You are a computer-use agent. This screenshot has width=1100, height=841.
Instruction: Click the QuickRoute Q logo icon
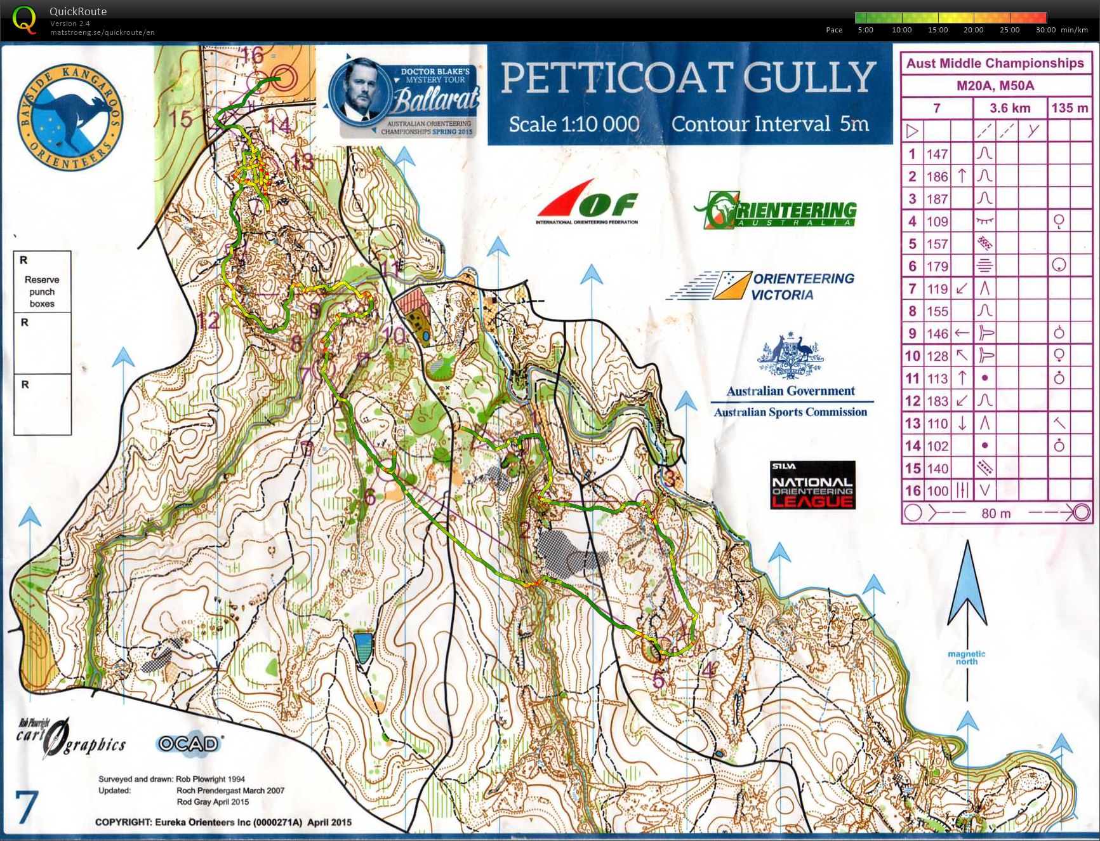[x=25, y=20]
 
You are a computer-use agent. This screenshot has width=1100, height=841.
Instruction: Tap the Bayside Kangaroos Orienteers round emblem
[x=70, y=118]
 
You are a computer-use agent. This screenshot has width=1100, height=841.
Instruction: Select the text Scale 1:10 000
[x=574, y=124]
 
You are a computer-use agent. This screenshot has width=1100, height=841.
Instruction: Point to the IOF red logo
[x=587, y=202]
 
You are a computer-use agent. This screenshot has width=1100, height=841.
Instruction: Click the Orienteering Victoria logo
[x=762, y=286]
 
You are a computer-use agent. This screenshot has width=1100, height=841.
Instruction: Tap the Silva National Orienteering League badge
[x=812, y=485]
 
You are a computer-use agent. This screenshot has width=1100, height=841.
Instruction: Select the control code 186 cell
[x=937, y=177]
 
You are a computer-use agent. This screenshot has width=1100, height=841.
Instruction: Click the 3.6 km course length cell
[x=1009, y=108]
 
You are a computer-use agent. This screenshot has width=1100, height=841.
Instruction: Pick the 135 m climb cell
[x=1070, y=108]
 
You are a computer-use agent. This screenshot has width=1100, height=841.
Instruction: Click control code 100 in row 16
[x=937, y=490]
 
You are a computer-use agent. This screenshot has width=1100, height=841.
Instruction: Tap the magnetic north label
[x=966, y=657]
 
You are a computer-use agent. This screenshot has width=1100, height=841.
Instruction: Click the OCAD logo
[x=189, y=743]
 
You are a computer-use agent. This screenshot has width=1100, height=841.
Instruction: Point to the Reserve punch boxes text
[x=42, y=292]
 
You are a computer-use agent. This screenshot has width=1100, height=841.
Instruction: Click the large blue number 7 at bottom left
[x=27, y=807]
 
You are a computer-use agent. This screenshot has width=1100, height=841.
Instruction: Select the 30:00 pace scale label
[x=1045, y=30]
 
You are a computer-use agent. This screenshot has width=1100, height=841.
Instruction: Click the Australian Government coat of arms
[x=790, y=356]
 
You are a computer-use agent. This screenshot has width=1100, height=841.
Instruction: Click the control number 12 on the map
[x=208, y=321]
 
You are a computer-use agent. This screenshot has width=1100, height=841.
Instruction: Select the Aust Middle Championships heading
[x=995, y=63]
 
